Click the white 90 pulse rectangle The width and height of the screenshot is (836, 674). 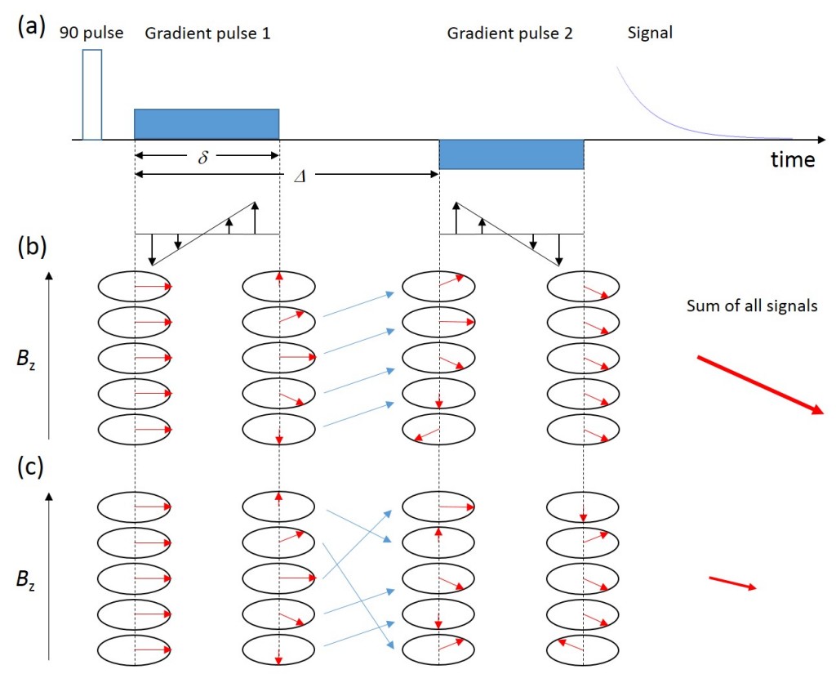click(92, 94)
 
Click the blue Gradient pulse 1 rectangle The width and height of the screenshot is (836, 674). click(207, 123)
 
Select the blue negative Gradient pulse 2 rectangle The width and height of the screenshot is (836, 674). click(511, 154)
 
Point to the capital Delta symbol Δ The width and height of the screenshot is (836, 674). click(299, 176)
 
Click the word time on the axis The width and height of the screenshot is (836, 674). click(793, 159)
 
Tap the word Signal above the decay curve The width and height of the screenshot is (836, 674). click(649, 33)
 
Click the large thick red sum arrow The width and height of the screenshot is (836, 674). click(760, 386)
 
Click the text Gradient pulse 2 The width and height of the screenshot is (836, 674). click(510, 33)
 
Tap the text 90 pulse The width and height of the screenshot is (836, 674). click(91, 33)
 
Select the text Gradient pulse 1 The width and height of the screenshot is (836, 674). click(207, 33)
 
